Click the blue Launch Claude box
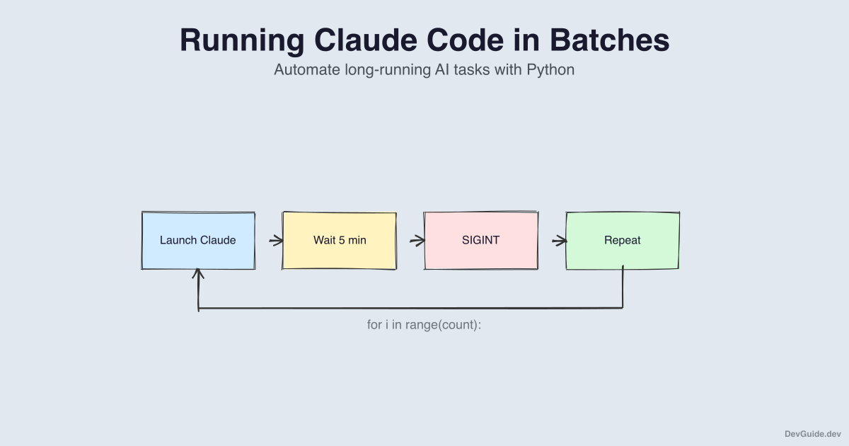coord(198,241)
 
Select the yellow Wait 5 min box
coord(340,241)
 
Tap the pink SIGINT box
coord(481,241)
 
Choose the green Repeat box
coord(623,241)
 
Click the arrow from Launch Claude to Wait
coord(276,241)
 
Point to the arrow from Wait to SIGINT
coord(417,241)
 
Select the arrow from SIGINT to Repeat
coord(559,241)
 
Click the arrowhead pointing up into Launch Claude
coord(199,273)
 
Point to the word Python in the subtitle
coord(550,70)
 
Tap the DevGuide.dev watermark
coord(812,433)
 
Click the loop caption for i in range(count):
coord(424,326)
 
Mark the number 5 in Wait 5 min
coord(342,241)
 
